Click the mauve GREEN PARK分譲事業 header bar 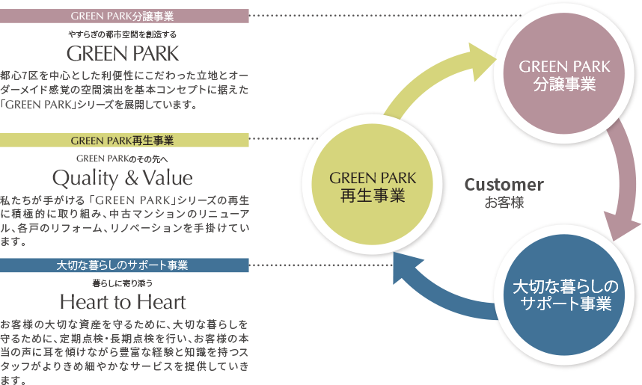tap(124, 16)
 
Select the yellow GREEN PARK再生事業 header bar tap(124, 140)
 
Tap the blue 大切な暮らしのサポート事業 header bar tap(124, 265)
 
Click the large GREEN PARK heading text tap(123, 54)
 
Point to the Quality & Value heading tap(123, 178)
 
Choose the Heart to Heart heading tap(123, 302)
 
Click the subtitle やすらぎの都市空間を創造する tap(123, 34)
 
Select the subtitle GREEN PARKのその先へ tap(123, 158)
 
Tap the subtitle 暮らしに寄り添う tap(123, 283)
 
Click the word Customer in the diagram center tap(504, 185)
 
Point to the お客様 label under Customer tap(504, 202)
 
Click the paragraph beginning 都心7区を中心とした tap(124, 90)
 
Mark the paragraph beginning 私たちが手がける tap(124, 221)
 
